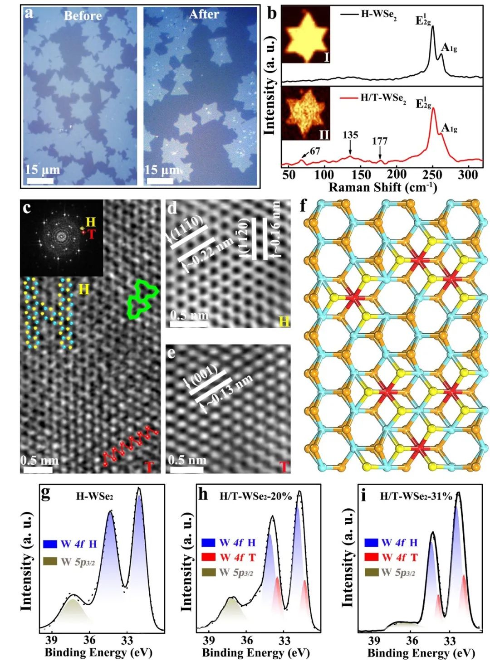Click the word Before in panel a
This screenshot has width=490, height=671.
pyautogui.click(x=83, y=16)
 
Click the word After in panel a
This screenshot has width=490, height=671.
pyautogui.click(x=204, y=15)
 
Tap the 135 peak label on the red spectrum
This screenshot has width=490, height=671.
pyautogui.click(x=350, y=135)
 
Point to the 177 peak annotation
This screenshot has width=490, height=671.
pyautogui.click(x=380, y=141)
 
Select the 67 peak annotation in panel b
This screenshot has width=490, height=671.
pyautogui.click(x=315, y=151)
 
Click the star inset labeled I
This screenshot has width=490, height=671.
pyautogui.click(x=305, y=34)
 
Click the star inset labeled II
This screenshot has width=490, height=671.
pyautogui.click(x=305, y=113)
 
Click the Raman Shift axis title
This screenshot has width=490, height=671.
pyautogui.click(x=382, y=187)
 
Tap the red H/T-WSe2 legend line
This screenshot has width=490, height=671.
pyautogui.click(x=350, y=98)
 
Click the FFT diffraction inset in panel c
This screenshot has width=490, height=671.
pyautogui.click(x=61, y=238)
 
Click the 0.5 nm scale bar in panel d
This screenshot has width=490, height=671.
pyautogui.click(x=189, y=325)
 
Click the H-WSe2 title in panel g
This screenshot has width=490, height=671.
pyautogui.click(x=94, y=496)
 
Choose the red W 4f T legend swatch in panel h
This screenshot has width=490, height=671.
pyautogui.click(x=208, y=557)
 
